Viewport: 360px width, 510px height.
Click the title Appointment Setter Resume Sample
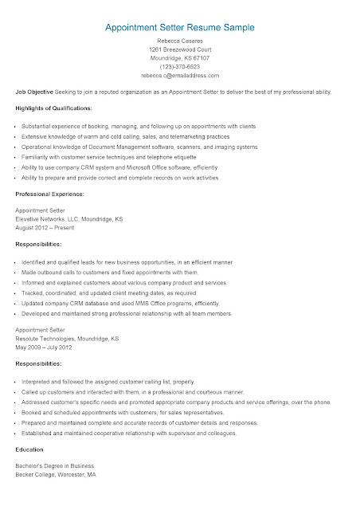pyautogui.click(x=179, y=27)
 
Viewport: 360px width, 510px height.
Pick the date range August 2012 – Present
pyautogui.click(x=46, y=227)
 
